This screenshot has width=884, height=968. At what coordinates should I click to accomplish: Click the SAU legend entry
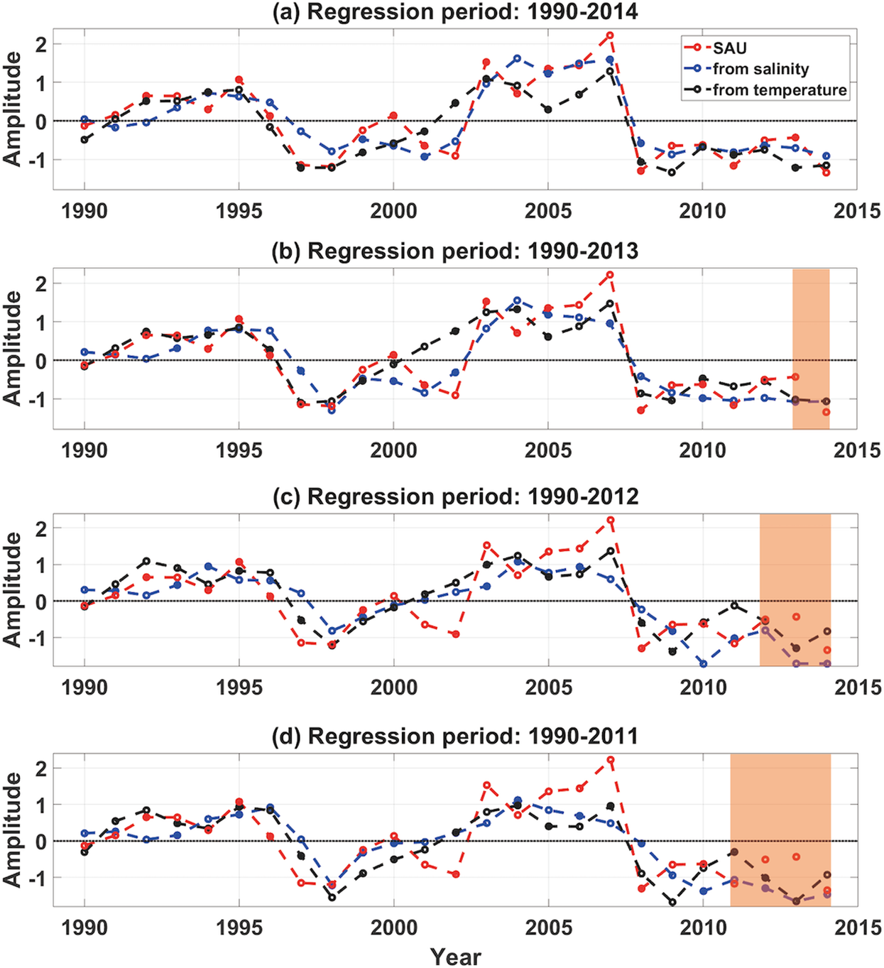(729, 48)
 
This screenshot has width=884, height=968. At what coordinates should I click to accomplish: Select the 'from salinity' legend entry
(760, 69)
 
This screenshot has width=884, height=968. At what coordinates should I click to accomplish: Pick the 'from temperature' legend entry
(779, 90)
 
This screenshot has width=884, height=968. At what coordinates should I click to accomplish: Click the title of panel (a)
(455, 12)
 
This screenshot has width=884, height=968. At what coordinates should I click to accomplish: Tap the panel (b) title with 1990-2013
(455, 251)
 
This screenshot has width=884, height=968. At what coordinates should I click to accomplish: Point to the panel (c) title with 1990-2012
(455, 496)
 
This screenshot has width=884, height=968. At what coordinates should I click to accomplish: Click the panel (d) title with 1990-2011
(455, 736)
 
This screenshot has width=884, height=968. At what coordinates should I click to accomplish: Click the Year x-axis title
(455, 956)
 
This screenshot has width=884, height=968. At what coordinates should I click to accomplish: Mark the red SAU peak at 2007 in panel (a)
(610, 35)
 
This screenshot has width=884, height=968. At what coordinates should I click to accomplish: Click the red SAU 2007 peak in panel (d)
(610, 760)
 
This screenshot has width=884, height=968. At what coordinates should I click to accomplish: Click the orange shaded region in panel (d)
(780, 830)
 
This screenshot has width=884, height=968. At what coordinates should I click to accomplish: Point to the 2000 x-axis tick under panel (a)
(393, 211)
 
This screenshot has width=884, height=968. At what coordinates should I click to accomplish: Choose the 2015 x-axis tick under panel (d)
(857, 928)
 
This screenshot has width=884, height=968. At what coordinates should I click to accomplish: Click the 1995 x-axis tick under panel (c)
(239, 687)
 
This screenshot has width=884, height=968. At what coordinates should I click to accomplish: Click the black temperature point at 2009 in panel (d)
(672, 903)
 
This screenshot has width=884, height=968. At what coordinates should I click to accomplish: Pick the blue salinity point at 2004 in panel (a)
(517, 58)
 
